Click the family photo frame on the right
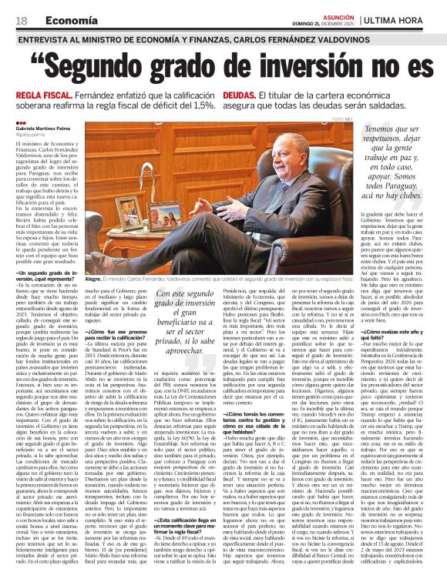(165, 216)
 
